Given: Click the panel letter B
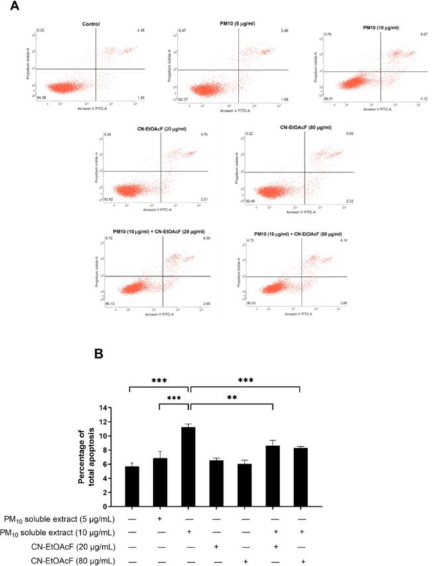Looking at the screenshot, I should (x=98, y=354).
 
